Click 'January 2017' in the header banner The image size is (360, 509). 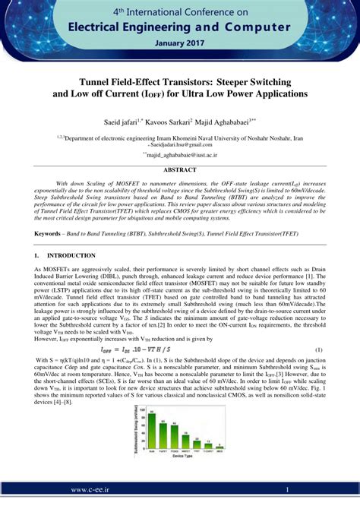180,43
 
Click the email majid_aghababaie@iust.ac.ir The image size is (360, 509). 182,153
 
